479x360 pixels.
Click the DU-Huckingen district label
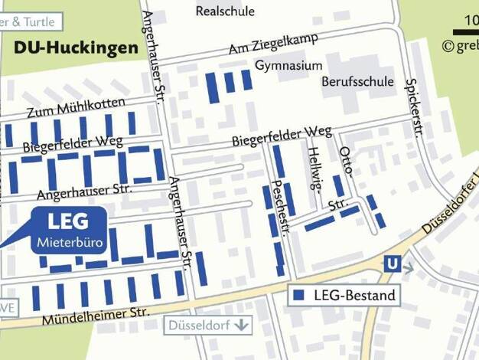(x=76, y=47)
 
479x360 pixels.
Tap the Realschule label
(x=225, y=11)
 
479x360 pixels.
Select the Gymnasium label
(x=288, y=66)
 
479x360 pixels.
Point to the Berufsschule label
(x=357, y=81)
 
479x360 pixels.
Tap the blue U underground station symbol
(x=393, y=263)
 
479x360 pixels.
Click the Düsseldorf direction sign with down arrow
(x=207, y=325)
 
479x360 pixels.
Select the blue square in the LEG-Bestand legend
(x=299, y=295)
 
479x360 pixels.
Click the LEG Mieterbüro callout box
(x=68, y=233)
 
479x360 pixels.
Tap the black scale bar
(x=465, y=32)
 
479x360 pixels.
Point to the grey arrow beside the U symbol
(x=408, y=268)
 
